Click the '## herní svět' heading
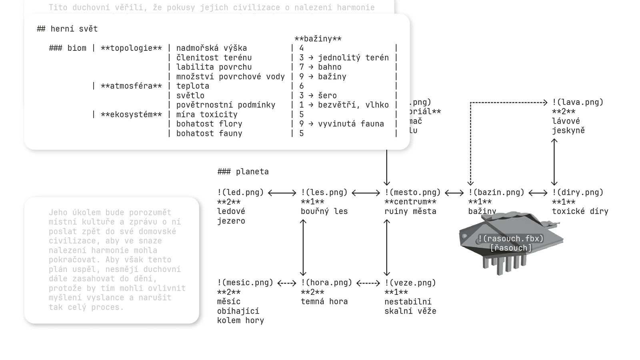(67, 29)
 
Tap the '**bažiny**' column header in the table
(318, 39)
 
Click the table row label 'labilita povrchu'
(214, 67)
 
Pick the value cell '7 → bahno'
(320, 67)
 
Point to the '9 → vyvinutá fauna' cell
(342, 124)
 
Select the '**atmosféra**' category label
(131, 86)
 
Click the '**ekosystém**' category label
(131, 115)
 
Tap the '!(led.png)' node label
(240, 192)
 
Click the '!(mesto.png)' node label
(412, 192)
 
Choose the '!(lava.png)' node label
(578, 102)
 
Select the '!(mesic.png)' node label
(245, 283)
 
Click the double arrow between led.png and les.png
(282, 193)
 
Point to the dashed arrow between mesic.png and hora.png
(287, 283)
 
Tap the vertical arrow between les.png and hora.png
(303, 247)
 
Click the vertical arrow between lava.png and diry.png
(554, 162)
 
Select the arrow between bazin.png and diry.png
(538, 193)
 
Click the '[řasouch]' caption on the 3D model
(511, 248)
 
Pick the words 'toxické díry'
(580, 211)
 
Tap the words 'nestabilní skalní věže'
(410, 306)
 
